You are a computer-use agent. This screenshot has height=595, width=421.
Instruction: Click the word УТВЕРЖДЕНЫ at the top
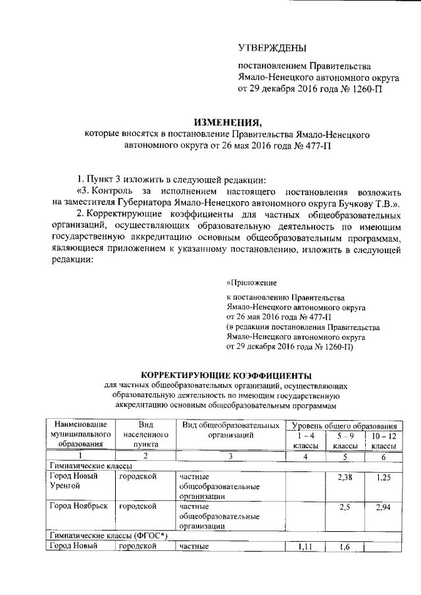(272, 47)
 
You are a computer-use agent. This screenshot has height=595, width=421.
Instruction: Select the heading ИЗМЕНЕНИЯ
(226, 122)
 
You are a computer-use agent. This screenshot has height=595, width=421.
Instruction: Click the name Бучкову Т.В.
(359, 203)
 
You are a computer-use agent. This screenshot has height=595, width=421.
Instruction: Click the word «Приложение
(250, 283)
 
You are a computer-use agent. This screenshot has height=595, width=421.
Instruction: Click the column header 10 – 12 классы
(384, 440)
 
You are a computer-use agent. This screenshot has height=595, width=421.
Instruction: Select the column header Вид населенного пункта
(142, 435)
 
